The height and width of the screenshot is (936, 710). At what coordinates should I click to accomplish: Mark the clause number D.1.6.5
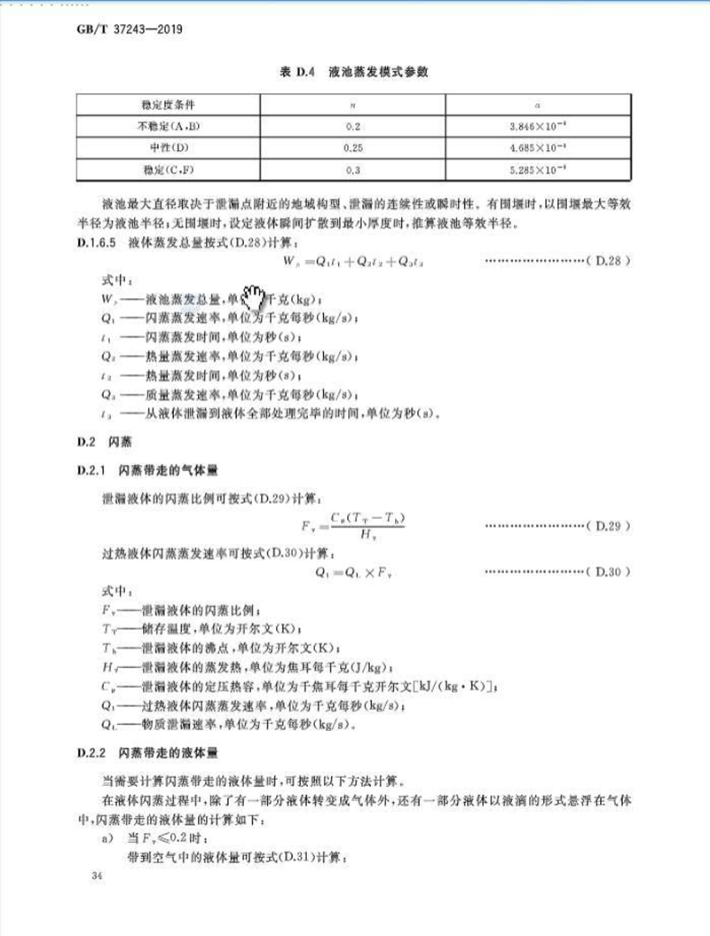click(100, 241)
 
